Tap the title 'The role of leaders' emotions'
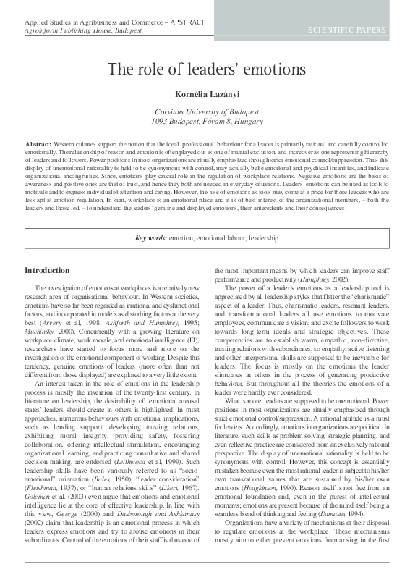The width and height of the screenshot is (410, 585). click(206, 70)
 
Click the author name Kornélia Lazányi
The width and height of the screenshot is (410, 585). click(206, 94)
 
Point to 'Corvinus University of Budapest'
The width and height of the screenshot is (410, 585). click(206, 112)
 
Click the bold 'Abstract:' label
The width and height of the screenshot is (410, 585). click(38, 145)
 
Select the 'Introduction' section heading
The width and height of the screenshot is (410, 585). click(47, 270)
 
